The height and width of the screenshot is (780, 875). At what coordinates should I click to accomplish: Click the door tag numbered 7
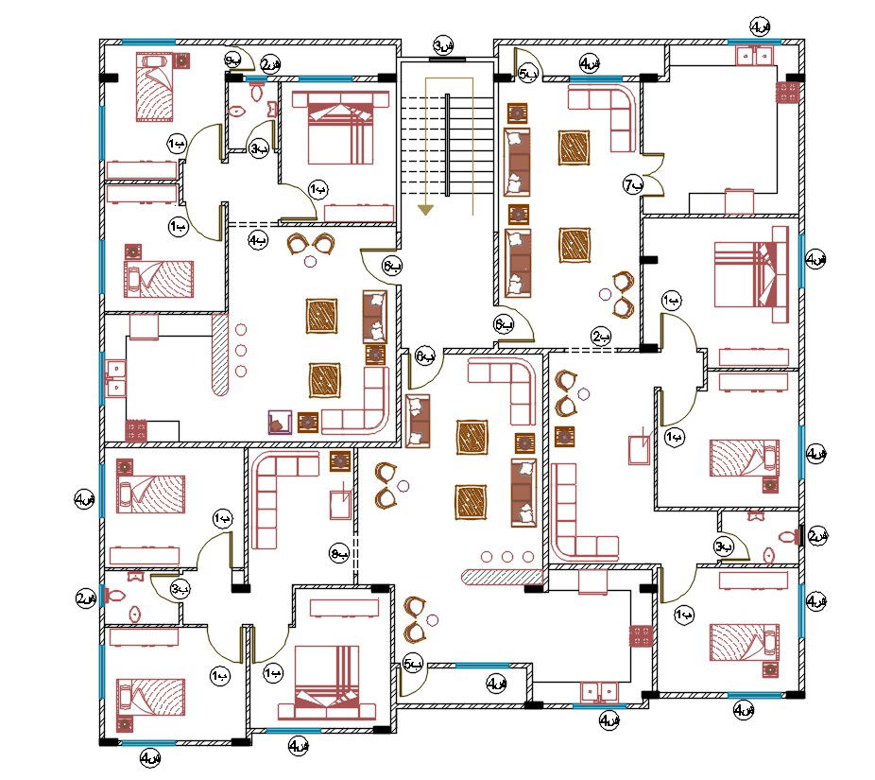[x=631, y=185]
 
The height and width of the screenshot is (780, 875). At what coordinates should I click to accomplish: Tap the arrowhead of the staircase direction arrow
[x=427, y=209]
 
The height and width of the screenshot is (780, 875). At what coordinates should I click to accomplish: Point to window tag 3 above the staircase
[x=443, y=45]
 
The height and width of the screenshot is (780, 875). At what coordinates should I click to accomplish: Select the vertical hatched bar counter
[x=221, y=355]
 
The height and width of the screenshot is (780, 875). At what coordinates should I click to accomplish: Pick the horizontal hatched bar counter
[x=501, y=576]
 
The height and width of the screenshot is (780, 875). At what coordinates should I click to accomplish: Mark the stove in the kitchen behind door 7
[x=787, y=93]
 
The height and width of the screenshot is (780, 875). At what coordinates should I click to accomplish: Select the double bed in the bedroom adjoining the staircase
[x=335, y=128]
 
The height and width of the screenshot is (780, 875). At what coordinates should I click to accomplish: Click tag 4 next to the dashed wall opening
[x=257, y=241]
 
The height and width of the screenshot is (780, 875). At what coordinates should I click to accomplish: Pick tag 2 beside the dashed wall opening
[x=600, y=336]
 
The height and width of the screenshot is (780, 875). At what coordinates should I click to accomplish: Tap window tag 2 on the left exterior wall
[x=86, y=598]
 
